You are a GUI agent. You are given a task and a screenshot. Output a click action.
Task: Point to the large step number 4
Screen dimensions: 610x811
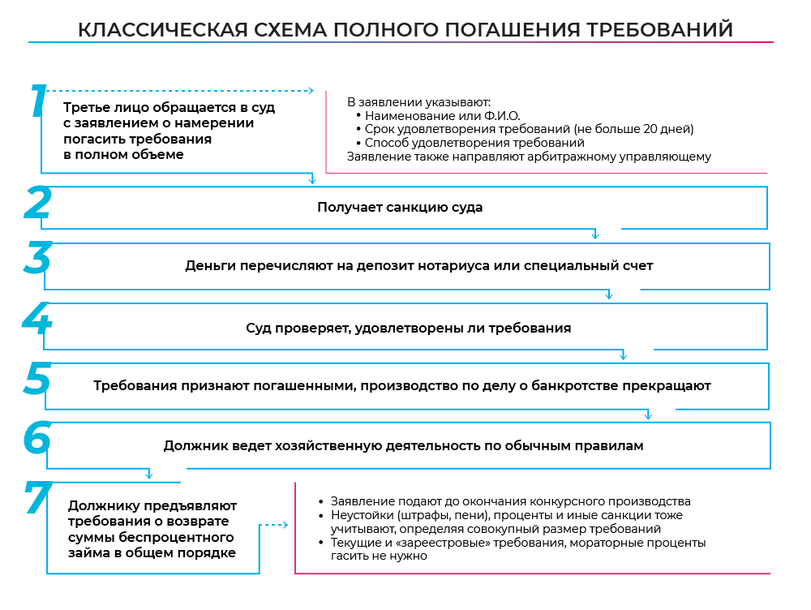click(36, 320)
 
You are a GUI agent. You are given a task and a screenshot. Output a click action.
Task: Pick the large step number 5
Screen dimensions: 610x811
click(37, 379)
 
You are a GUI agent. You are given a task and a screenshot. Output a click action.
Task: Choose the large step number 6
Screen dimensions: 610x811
click(37, 438)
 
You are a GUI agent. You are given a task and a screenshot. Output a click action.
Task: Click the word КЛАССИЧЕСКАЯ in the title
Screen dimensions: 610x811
click(162, 30)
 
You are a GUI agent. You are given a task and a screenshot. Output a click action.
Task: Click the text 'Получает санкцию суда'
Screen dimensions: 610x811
click(400, 207)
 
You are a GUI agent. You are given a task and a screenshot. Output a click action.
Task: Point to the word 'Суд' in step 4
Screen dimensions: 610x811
click(258, 329)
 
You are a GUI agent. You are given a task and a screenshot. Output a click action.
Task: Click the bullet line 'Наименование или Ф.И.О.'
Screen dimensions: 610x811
click(442, 116)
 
